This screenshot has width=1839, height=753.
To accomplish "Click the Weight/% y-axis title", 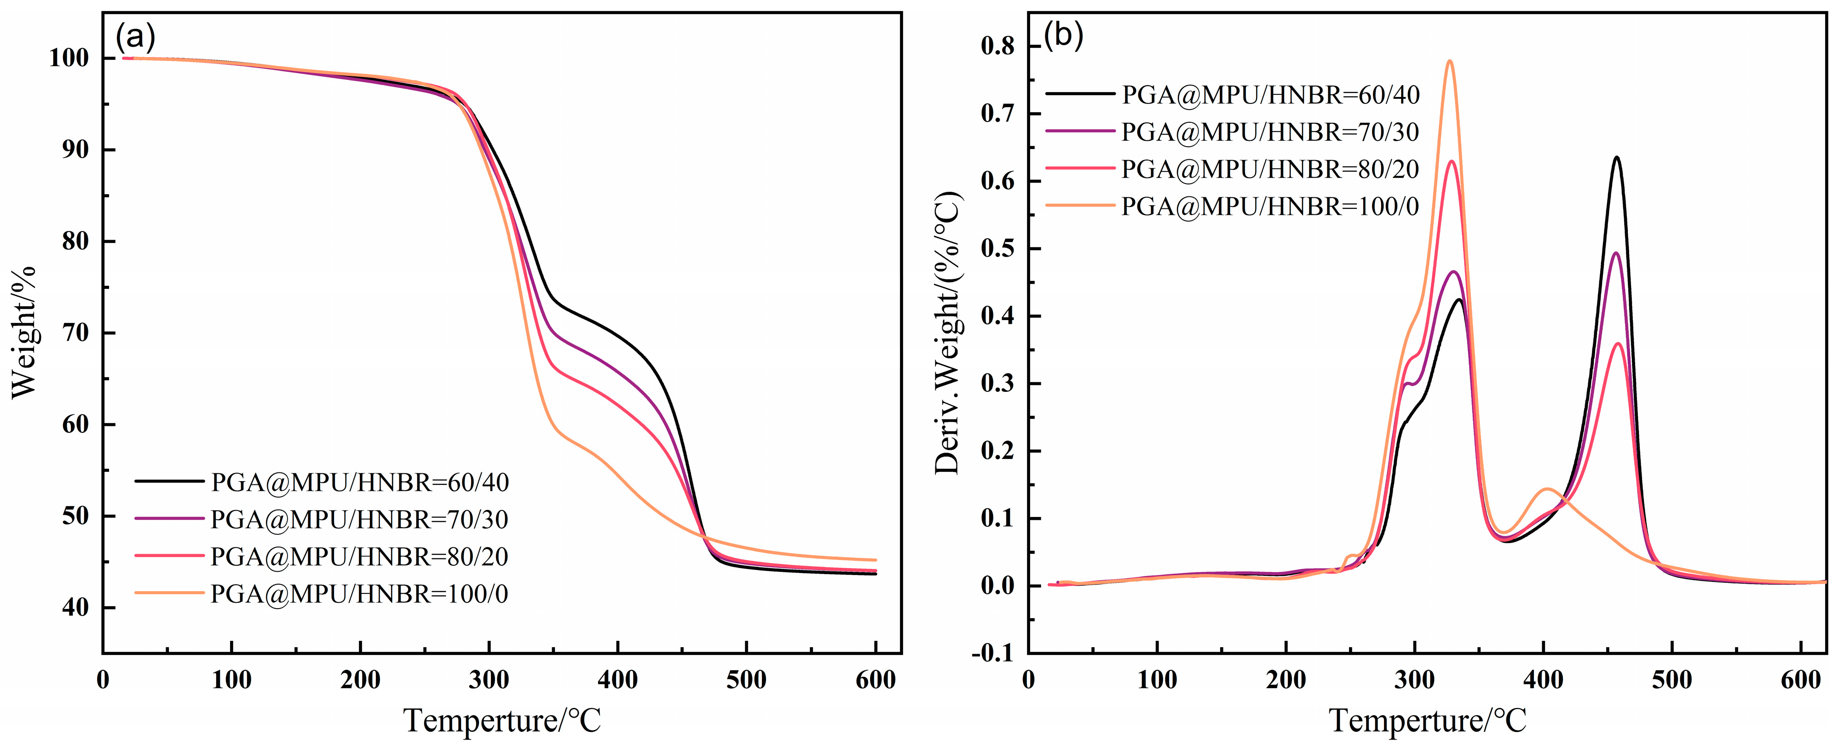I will tap(23, 332).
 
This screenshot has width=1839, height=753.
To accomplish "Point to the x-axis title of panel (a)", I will tap(502, 721).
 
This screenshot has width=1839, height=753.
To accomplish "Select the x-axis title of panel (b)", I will tap(1428, 721).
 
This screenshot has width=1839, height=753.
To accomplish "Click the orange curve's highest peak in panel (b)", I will tap(1449, 61).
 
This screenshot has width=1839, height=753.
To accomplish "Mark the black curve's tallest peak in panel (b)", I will tap(1616, 157).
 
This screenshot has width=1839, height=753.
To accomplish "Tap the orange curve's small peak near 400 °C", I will tap(1546, 489).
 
